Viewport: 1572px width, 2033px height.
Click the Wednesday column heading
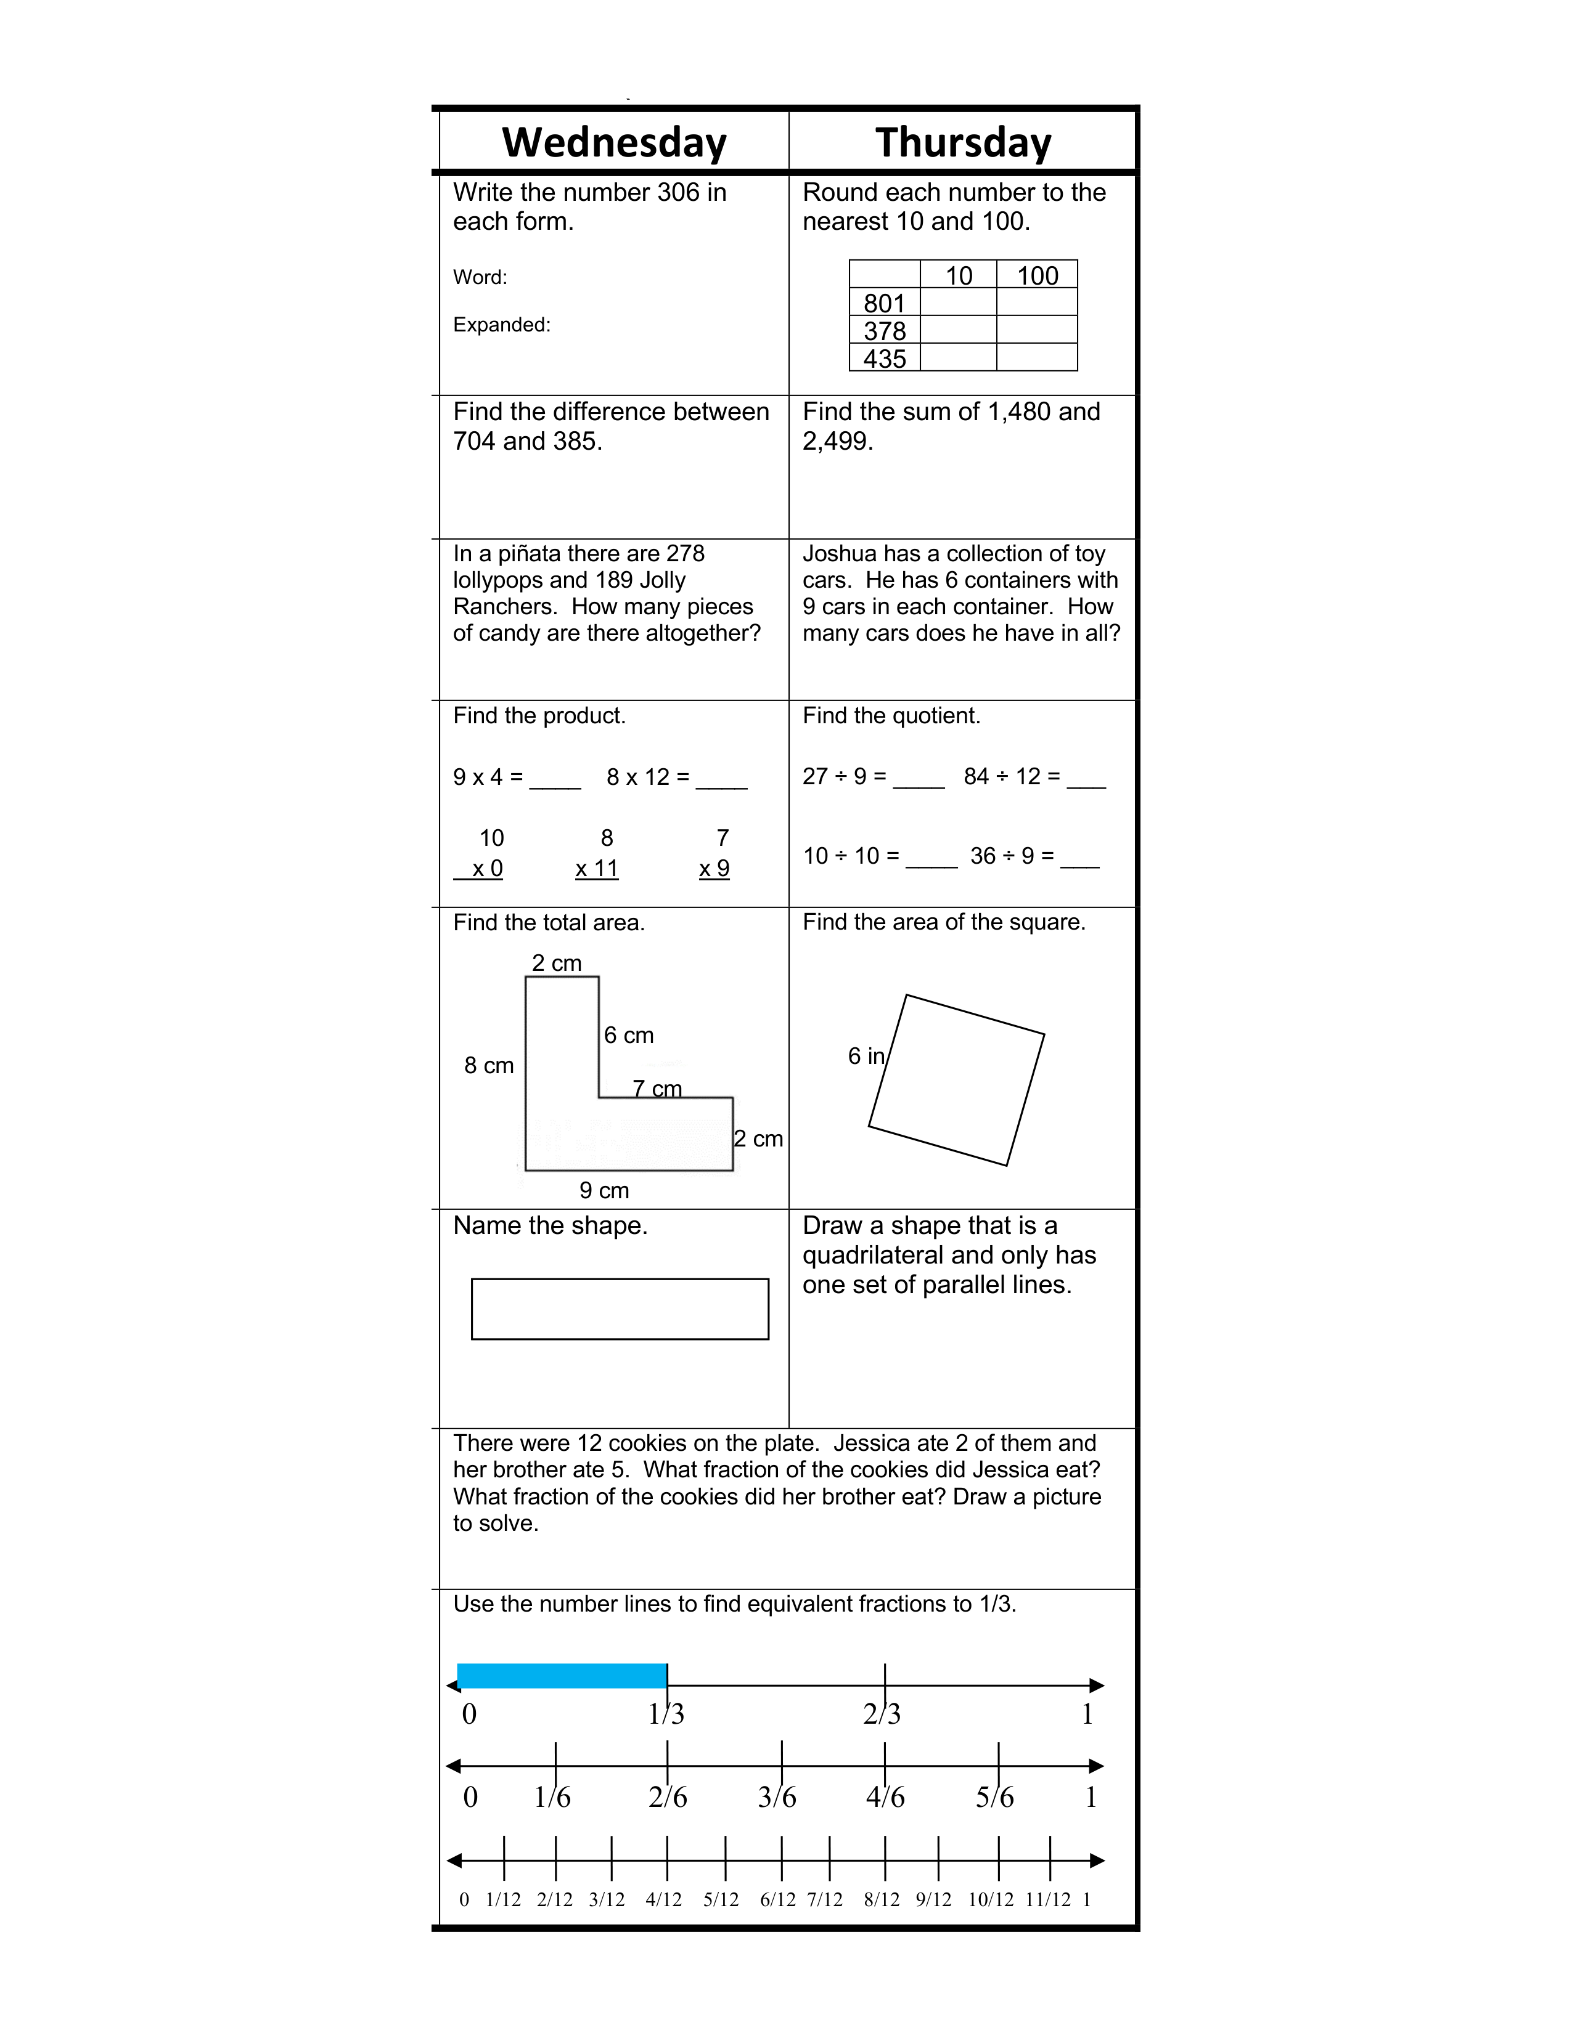(614, 142)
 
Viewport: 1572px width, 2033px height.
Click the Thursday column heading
(963, 142)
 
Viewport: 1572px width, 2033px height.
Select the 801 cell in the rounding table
(884, 304)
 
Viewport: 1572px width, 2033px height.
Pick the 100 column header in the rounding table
(1036, 275)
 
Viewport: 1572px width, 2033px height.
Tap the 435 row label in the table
(884, 359)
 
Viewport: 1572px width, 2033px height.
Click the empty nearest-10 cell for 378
(958, 330)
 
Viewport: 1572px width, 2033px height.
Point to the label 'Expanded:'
(501, 325)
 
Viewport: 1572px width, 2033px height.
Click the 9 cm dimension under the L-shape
(604, 1191)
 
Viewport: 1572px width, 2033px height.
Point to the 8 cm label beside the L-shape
(489, 1066)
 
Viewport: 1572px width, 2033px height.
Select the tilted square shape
(956, 1080)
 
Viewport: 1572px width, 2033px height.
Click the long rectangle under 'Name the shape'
(620, 1309)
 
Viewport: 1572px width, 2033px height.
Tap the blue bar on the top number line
(562, 1676)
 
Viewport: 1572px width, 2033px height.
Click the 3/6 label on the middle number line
(777, 1796)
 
